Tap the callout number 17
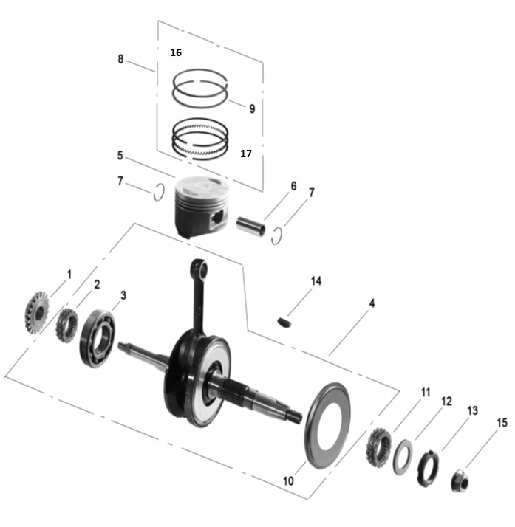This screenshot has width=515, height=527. tap(246, 154)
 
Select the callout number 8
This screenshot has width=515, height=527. tap(120, 59)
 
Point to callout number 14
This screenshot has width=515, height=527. tap(316, 281)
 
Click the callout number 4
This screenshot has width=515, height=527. tap(372, 303)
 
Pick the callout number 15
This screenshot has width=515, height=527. tap(502, 423)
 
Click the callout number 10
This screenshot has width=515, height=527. tap(288, 480)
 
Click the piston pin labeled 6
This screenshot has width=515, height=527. tap(250, 224)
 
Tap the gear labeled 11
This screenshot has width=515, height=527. tap(379, 445)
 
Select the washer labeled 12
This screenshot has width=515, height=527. tap(403, 457)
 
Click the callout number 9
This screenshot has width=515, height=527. tap(252, 108)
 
